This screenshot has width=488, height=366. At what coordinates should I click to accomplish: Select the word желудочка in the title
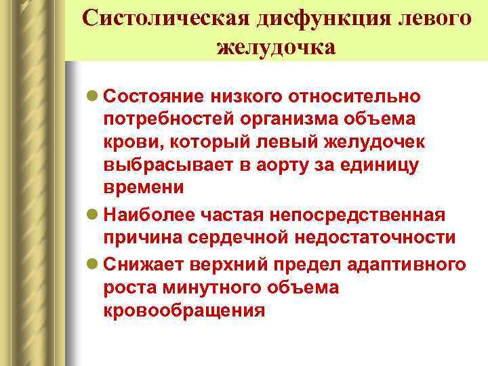tap(277, 47)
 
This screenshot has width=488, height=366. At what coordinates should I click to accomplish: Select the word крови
tap(128, 143)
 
